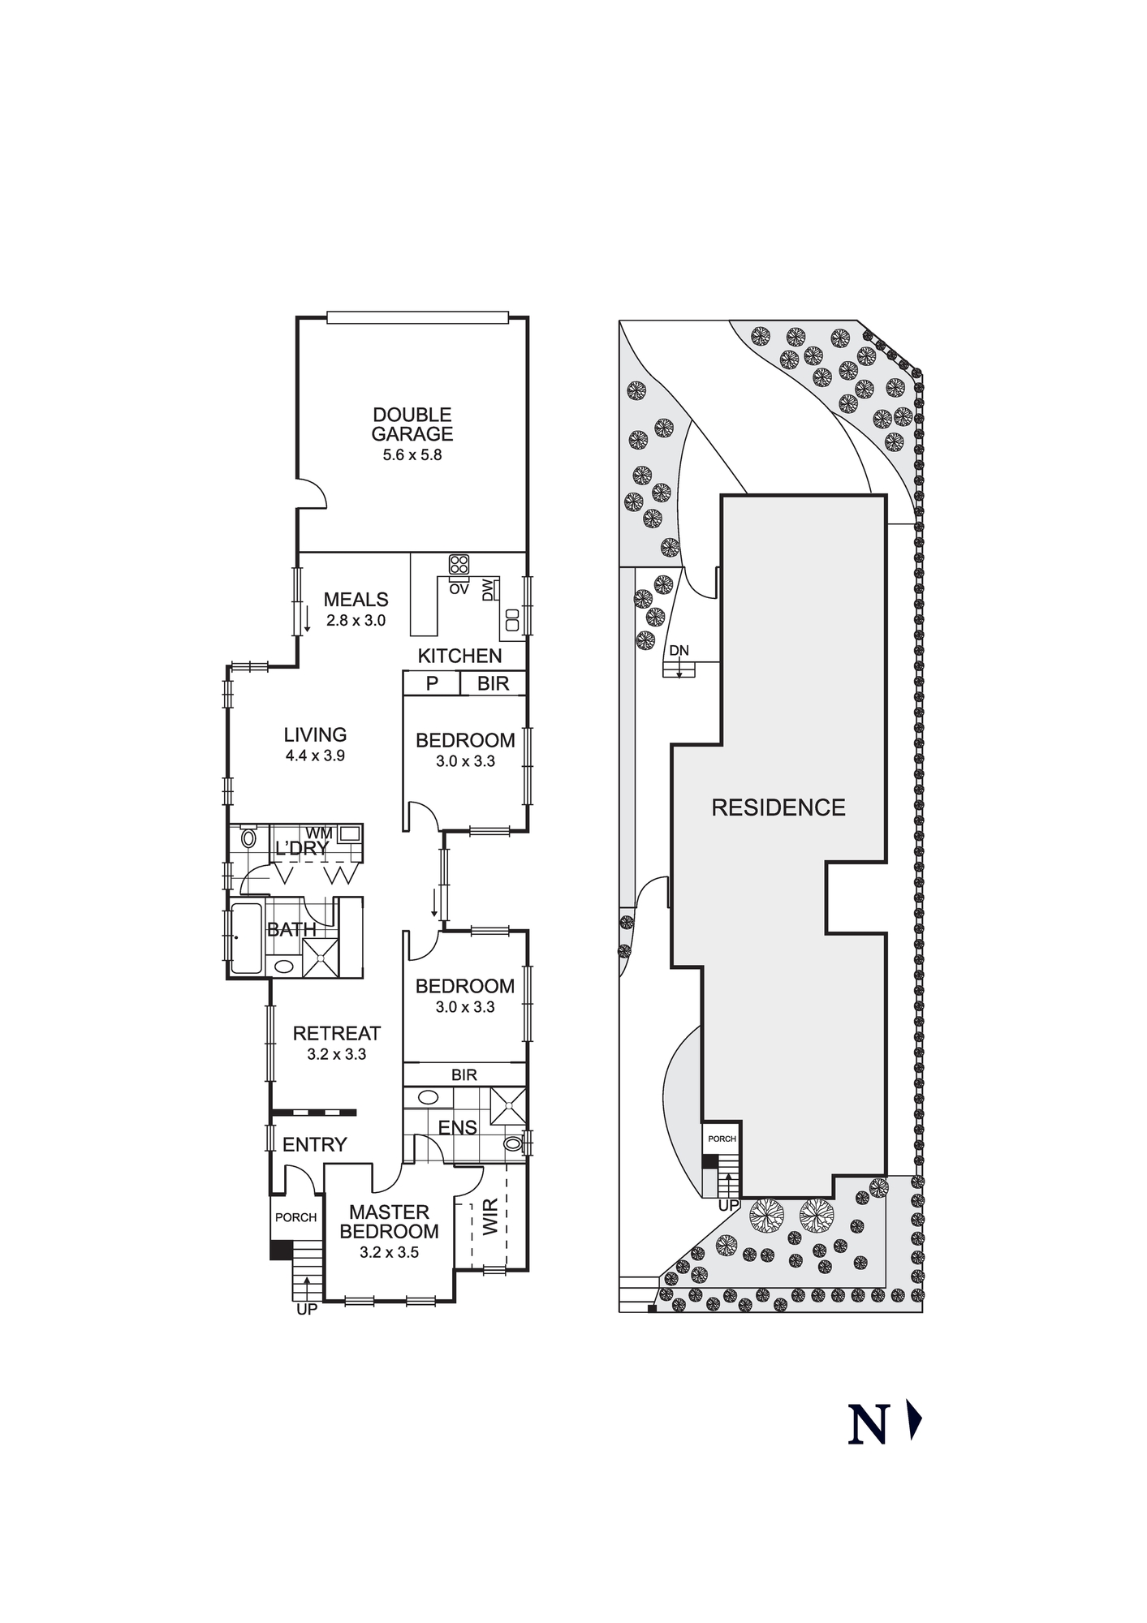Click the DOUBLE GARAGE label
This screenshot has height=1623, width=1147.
tap(412, 424)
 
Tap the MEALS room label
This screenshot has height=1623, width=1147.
tap(356, 600)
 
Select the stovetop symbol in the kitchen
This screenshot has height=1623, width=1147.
tap(459, 564)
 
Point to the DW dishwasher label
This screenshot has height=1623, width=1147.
tap(487, 590)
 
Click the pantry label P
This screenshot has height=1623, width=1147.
tap(432, 683)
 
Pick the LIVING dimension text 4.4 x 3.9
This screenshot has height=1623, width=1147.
tap(315, 756)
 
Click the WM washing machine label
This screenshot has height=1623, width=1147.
tap(319, 833)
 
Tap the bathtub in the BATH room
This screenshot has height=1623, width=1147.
tap(247, 938)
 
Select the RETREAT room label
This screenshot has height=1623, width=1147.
tap(336, 1033)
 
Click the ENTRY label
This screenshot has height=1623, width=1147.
tap(315, 1144)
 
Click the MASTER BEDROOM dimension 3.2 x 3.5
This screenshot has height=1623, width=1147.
tap(389, 1252)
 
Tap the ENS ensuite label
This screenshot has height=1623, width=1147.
tap(458, 1127)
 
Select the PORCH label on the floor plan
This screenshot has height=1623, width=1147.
tap(295, 1217)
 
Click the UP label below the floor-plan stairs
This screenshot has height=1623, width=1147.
tap(307, 1309)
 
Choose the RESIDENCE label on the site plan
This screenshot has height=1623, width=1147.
tap(778, 807)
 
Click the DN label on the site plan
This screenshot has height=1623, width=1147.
tap(679, 650)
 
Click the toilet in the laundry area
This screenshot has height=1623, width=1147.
tap(248, 838)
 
